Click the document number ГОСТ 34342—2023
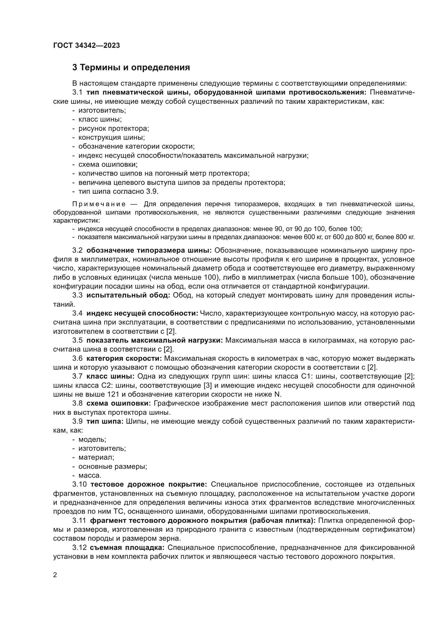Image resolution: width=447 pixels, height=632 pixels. click(x=86, y=46)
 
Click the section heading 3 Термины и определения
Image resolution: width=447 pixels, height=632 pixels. click(x=131, y=68)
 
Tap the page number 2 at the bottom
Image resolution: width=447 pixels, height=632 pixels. click(x=55, y=575)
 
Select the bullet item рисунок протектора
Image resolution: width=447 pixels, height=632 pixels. click(x=114, y=129)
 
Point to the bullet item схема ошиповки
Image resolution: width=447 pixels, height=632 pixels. click(x=108, y=165)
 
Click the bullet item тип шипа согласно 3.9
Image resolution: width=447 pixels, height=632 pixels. click(x=118, y=191)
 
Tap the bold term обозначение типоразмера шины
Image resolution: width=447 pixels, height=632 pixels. click(x=149, y=250)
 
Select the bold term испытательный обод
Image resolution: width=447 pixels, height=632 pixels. click(x=128, y=295)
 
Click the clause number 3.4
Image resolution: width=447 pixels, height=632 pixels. click(x=77, y=313)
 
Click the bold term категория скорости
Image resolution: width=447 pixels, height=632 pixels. click(x=124, y=358)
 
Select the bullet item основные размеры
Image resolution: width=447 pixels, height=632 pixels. click(x=113, y=467)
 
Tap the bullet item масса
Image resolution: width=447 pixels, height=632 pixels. click(x=90, y=475)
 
